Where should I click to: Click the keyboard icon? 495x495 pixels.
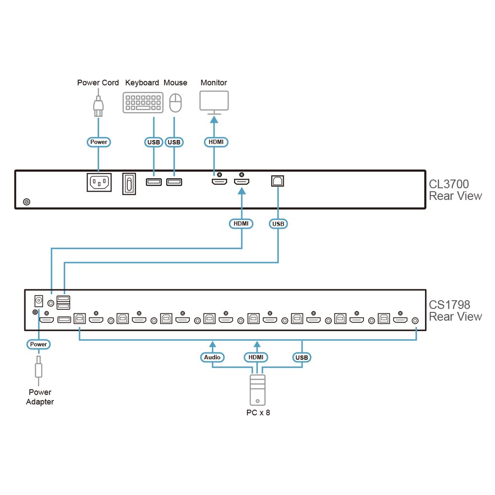(143, 102)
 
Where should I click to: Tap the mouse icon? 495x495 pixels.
(176, 102)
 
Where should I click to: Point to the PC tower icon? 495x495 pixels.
(257, 390)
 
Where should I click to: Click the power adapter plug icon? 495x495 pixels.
(39, 370)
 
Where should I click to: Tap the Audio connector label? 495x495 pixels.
(212, 357)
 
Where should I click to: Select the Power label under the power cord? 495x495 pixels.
(99, 142)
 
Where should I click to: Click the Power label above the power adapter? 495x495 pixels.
(39, 345)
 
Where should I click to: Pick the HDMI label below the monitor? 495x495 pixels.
(216, 142)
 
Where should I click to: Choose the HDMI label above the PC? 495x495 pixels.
(256, 357)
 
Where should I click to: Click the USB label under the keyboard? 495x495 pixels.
(154, 143)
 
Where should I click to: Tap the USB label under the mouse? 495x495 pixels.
(174, 143)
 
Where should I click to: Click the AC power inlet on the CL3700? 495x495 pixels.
(99, 183)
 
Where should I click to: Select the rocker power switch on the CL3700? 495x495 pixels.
(129, 184)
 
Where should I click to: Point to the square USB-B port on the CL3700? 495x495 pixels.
(278, 181)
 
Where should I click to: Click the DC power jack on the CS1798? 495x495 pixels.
(39, 301)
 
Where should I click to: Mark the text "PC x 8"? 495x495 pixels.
(258, 413)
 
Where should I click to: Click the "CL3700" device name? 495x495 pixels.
(449, 184)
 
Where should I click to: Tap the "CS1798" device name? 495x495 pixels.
(449, 304)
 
